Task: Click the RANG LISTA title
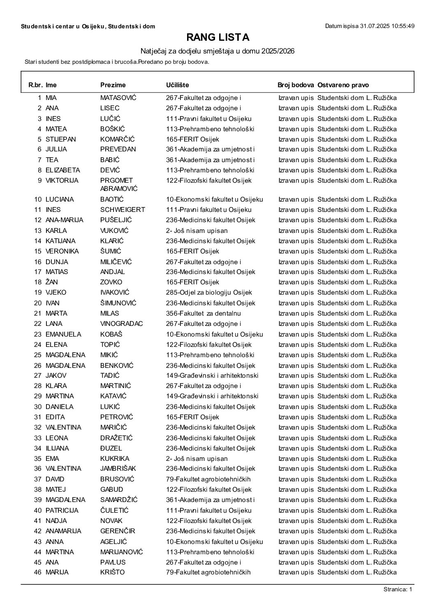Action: point(217,37)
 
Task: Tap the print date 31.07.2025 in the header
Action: point(369,26)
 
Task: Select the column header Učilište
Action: point(177,85)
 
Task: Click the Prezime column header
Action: point(113,85)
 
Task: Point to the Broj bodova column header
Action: point(296,85)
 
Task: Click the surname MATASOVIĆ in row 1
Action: point(118,98)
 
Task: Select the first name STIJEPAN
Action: point(60,139)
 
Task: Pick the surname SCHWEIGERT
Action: point(123,209)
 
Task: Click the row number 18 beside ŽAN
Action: point(38,282)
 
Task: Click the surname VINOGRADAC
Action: point(121,324)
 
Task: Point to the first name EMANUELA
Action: point(63,334)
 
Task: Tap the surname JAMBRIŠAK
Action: point(118,469)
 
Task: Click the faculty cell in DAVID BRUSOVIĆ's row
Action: point(208,479)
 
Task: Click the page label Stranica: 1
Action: point(398,590)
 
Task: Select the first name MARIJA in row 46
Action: point(57,572)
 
